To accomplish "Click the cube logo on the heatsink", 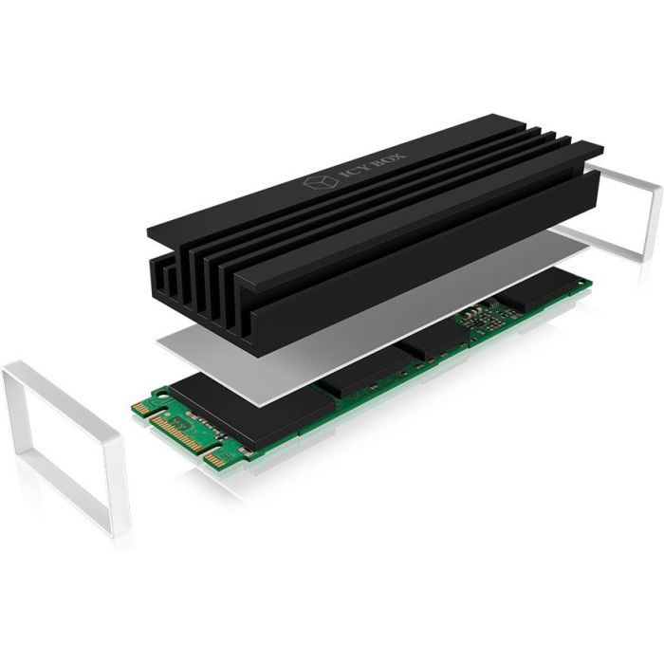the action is (321, 182).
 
